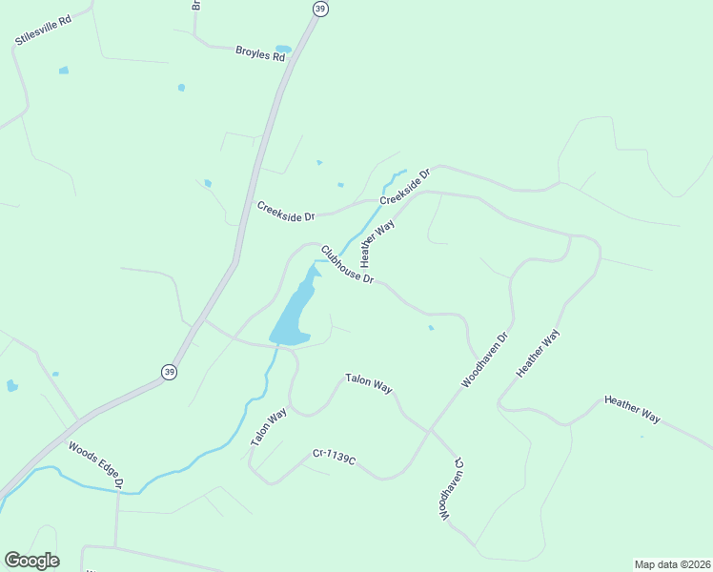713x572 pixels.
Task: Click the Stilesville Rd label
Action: [44, 30]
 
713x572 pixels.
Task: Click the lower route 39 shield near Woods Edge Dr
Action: [169, 372]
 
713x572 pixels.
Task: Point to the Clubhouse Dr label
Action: [347, 265]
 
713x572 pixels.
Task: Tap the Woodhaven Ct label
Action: [449, 487]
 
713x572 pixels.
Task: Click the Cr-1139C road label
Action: [334, 459]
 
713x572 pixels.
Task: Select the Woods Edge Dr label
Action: [96, 463]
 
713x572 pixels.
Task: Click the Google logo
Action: [31, 561]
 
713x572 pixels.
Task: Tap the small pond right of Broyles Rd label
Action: [283, 49]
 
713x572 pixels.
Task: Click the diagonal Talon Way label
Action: [269, 427]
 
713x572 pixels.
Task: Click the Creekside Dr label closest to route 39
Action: [286, 211]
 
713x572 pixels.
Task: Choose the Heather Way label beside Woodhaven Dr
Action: [539, 354]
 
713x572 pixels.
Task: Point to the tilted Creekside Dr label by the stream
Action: [405, 187]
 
